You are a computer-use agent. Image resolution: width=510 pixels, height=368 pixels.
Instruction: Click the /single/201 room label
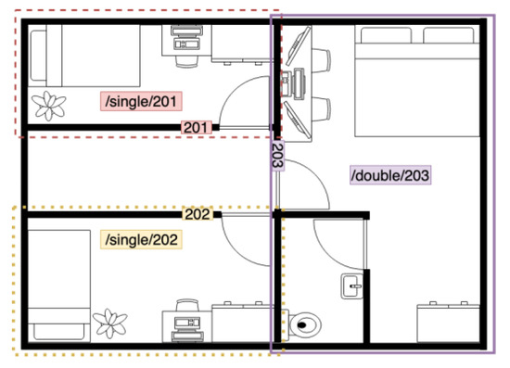click(141, 101)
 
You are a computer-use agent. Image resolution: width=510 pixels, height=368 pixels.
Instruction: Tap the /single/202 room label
click(141, 240)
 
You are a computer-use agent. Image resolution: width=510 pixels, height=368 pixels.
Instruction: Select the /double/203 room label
click(390, 175)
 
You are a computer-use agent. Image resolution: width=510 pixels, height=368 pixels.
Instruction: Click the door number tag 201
click(197, 127)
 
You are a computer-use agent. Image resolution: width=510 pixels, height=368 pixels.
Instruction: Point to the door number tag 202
click(198, 214)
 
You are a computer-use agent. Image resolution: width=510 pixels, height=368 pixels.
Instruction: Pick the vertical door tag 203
click(278, 156)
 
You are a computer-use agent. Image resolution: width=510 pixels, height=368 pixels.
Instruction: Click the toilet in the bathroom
click(304, 324)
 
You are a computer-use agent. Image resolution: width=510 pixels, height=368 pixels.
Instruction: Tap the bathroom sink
click(352, 286)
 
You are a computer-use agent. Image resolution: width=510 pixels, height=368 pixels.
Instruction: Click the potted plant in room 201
click(49, 106)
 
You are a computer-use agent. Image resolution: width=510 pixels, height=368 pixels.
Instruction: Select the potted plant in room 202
click(110, 324)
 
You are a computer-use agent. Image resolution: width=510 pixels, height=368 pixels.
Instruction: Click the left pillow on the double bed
click(386, 35)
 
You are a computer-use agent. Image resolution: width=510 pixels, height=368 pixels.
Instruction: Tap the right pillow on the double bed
click(449, 35)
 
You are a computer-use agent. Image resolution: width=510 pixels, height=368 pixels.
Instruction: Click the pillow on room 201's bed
click(38, 56)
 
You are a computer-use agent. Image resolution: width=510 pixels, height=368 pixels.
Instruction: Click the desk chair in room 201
click(187, 61)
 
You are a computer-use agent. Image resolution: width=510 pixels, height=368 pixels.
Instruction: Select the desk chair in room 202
click(187, 305)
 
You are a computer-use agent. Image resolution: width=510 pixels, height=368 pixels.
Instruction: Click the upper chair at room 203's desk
click(322, 60)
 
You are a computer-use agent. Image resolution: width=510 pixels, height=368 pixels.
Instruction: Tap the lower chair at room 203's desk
click(322, 109)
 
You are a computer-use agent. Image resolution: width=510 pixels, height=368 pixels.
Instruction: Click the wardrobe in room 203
click(449, 323)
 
